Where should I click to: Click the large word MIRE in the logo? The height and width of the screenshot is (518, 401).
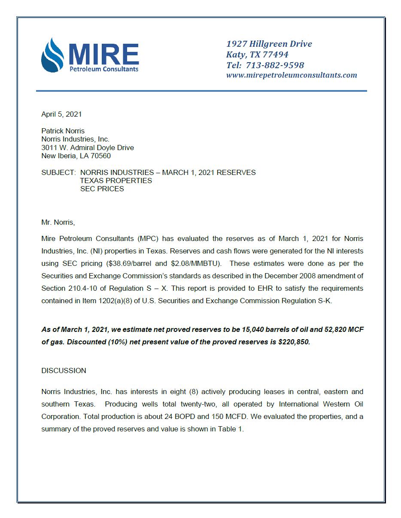pos(103,54)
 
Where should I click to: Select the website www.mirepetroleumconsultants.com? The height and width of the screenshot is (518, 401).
pos(292,75)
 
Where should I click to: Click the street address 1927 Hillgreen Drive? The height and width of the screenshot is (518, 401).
pos(269,44)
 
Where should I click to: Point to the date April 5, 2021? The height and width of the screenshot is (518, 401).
pos(61,114)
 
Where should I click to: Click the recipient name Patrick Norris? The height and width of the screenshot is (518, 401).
pos(63,131)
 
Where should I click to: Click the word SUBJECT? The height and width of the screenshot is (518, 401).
pos(58,172)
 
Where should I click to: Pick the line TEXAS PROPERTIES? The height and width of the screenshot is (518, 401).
pos(116,181)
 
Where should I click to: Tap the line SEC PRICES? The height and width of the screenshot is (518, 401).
pos(102,189)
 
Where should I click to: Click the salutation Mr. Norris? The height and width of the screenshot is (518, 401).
pos(58,222)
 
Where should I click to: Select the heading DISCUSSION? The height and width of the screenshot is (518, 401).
pos(64,370)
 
